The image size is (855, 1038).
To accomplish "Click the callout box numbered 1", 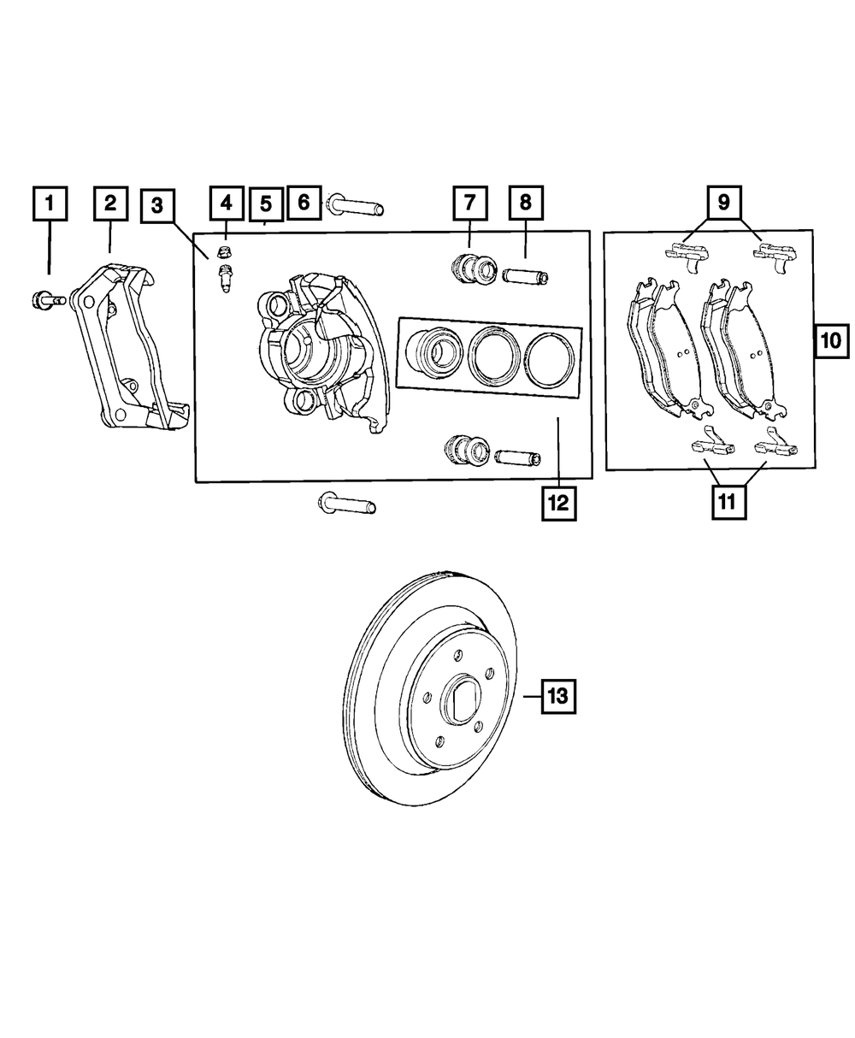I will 50,203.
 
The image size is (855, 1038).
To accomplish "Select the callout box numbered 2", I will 110,203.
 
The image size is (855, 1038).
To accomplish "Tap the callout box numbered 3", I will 156,206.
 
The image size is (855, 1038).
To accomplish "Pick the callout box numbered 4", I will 226,203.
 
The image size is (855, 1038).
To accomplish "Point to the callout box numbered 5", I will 266,203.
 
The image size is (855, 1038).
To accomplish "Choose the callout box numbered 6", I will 303,203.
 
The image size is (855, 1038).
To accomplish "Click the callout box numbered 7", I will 469,203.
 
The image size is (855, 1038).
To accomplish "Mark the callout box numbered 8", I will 525,203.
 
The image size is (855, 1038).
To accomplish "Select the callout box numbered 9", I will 723,203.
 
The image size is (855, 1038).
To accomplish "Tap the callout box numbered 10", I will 830,341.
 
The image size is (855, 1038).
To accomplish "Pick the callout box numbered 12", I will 557,503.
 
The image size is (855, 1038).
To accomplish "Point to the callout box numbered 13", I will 557,697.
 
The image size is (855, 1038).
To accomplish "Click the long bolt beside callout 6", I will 354,206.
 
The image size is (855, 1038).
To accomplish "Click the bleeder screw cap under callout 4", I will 226,251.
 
